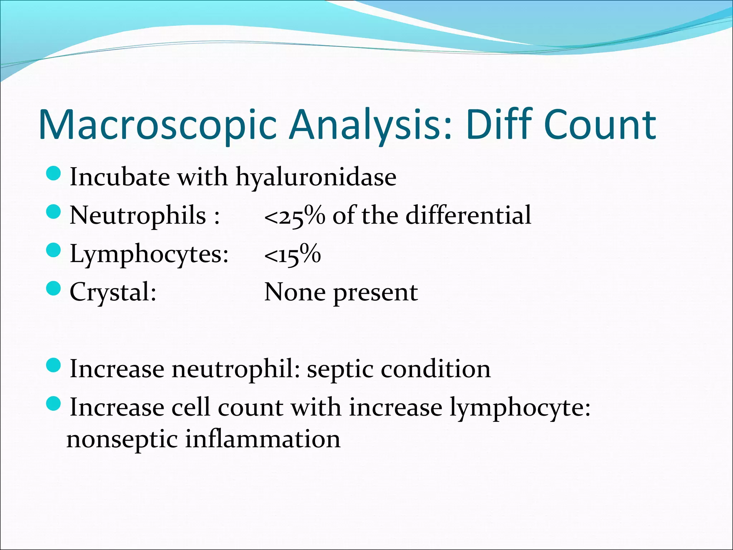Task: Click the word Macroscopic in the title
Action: [157, 125]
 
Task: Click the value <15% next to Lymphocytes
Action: [292, 255]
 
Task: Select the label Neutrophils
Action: [138, 216]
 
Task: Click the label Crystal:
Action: [113, 292]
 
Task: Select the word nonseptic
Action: [122, 440]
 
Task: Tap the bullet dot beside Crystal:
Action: [54, 288]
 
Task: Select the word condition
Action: [435, 369]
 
